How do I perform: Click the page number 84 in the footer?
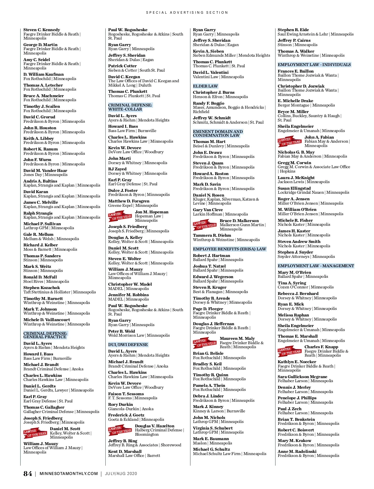[27, 474]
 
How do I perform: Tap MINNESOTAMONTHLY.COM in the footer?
[69, 474]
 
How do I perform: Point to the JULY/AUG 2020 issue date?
[121, 474]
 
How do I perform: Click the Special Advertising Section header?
[187, 12]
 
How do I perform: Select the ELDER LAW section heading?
[205, 86]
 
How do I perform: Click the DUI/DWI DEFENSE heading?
[128, 344]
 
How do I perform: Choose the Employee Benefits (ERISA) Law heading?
[229, 249]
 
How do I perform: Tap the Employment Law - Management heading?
[316, 266]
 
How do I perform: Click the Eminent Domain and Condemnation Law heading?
[218, 133]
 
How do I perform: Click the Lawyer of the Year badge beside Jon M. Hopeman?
[120, 216]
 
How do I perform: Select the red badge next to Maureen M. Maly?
[204, 343]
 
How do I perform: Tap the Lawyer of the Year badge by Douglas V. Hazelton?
[120, 430]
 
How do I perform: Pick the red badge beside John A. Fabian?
[290, 141]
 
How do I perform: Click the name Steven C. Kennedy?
[42, 30]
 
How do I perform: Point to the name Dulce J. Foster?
[123, 190]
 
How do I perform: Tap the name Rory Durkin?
[120, 404]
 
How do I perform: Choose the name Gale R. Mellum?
[38, 235]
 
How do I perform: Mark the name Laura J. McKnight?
[296, 178]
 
